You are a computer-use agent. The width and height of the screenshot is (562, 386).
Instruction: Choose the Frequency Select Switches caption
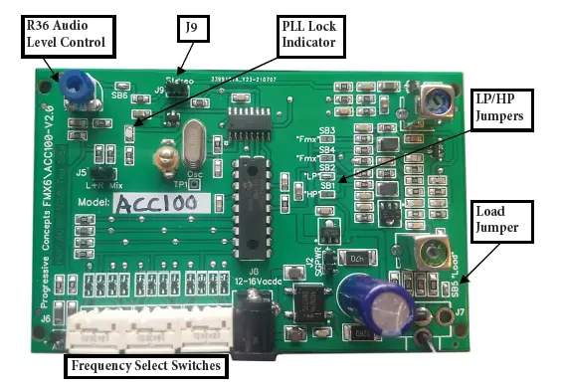[x=145, y=366]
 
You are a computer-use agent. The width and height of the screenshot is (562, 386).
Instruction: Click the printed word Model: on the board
[x=89, y=203]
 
